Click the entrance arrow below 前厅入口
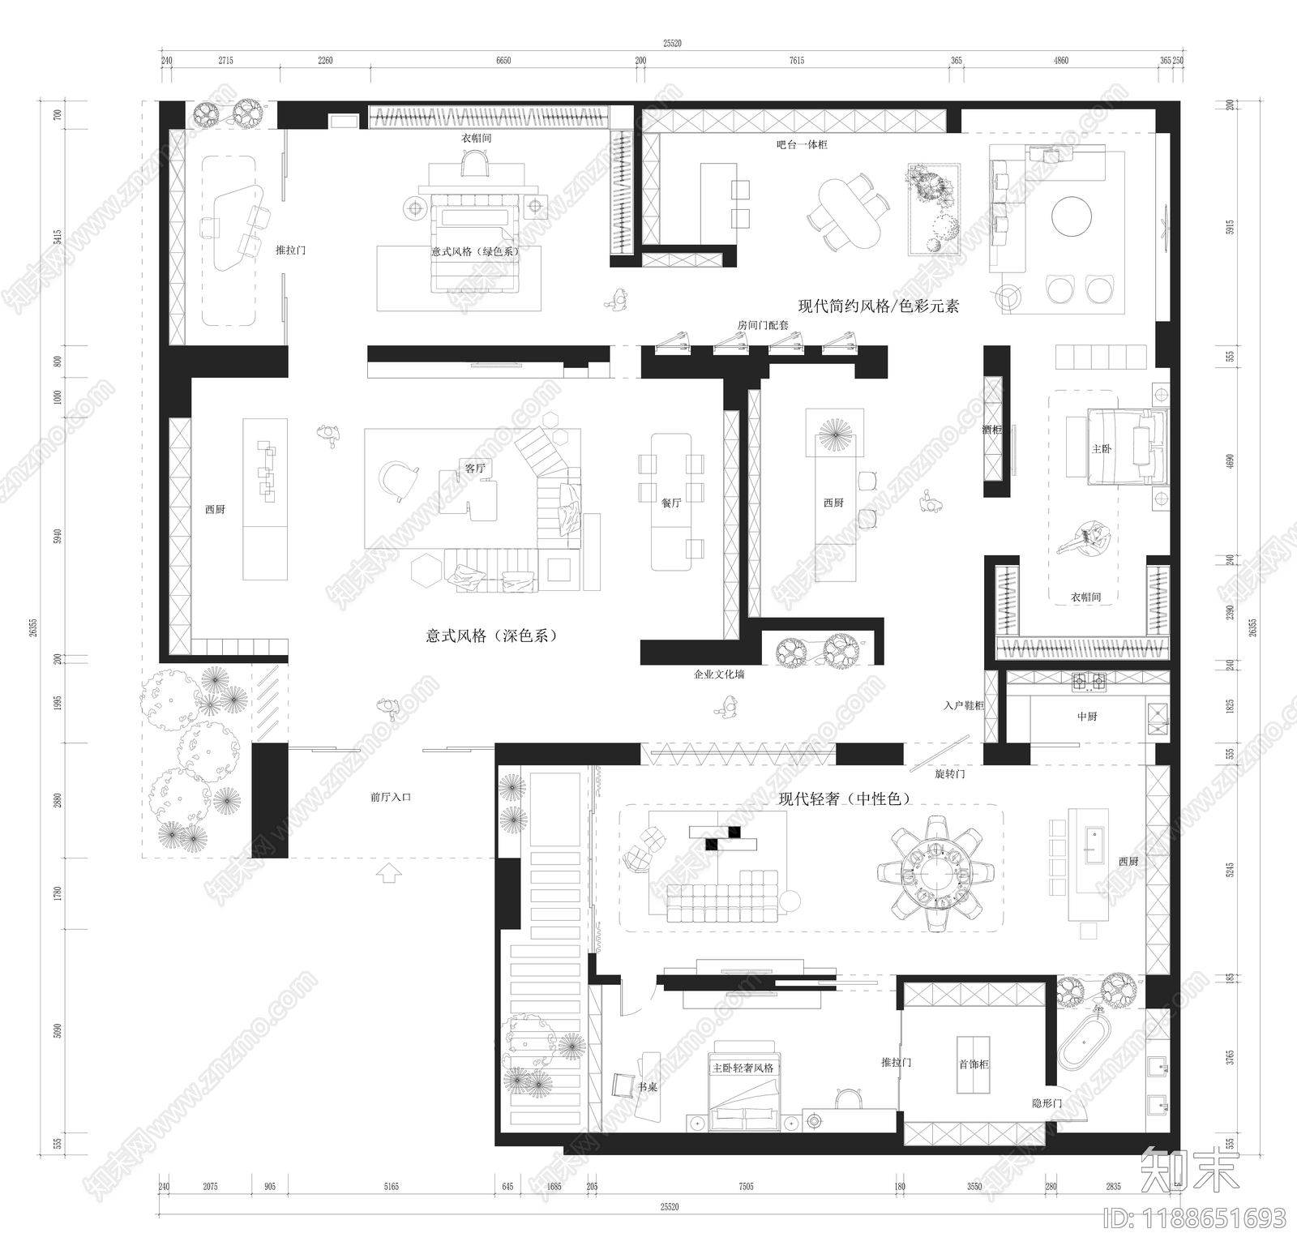[388, 873]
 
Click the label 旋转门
[949, 774]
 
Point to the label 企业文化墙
[718, 674]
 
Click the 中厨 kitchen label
[1087, 717]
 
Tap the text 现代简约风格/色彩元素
[879, 306]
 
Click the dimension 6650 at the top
[503, 61]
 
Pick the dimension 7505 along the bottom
[746, 1186]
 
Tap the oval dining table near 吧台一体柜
[849, 213]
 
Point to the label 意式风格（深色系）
[491, 636]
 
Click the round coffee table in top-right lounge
[1072, 215]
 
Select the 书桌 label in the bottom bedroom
[646, 1087]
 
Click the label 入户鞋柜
[963, 706]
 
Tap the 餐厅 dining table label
[671, 503]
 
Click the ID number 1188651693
[1196, 1218]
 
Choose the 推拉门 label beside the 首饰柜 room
[897, 1062]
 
